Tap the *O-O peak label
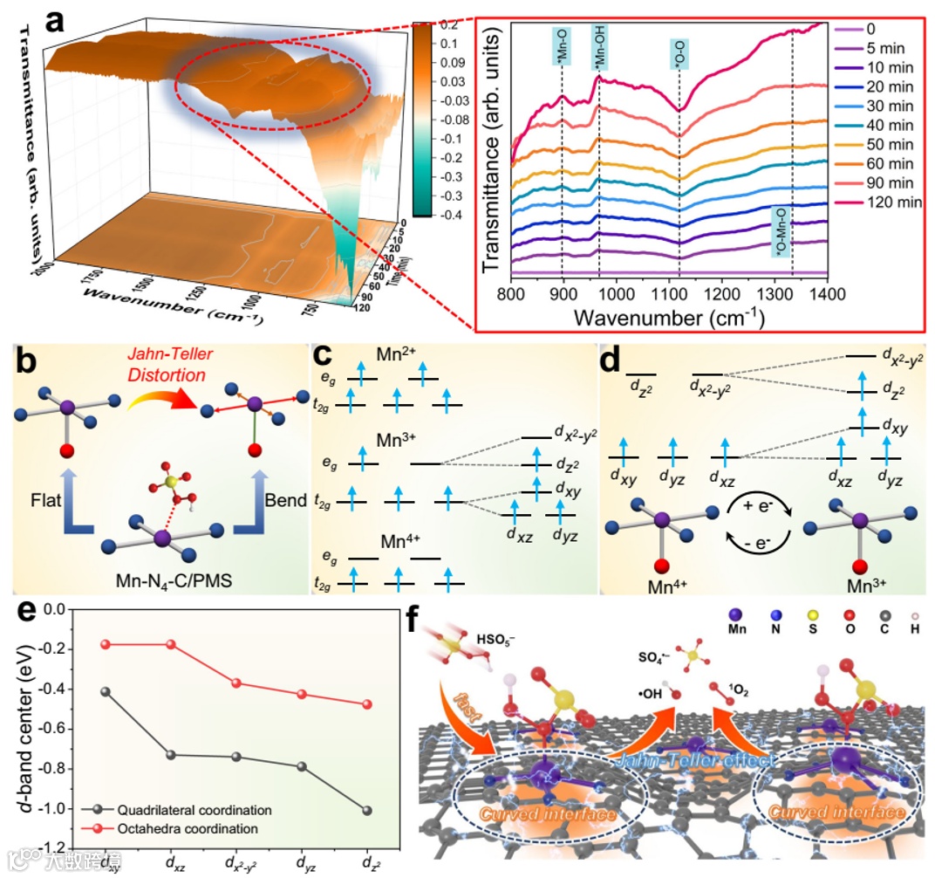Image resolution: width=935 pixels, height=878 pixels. pyautogui.click(x=679, y=54)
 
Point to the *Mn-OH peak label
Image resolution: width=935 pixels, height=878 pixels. pyautogui.click(x=599, y=48)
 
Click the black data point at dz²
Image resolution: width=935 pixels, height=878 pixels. pyautogui.click(x=366, y=811)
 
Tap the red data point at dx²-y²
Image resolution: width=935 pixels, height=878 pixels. pyautogui.click(x=236, y=683)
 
